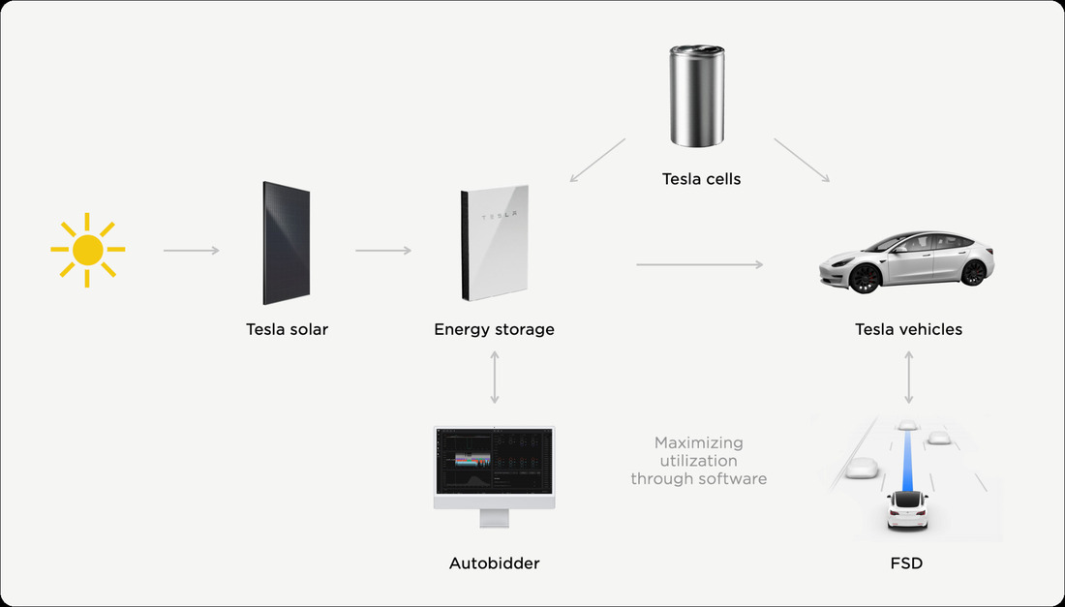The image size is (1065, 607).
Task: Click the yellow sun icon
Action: point(87,251)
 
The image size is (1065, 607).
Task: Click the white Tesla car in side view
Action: point(907,260)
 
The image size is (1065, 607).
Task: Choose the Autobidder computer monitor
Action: point(494,469)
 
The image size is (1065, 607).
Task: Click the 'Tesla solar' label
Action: point(287,329)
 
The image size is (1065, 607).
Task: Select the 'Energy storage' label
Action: point(494,329)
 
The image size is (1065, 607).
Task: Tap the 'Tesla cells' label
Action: point(701,178)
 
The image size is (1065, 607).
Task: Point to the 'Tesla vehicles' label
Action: point(908,329)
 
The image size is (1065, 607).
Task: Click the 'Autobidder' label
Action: point(494,562)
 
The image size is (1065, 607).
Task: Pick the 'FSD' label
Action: point(907,562)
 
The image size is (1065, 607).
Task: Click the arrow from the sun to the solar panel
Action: point(191,251)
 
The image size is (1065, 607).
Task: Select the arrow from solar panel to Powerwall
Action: point(383,251)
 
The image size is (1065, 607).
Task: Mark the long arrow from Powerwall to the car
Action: point(699,263)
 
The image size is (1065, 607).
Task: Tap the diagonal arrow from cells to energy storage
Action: point(597,160)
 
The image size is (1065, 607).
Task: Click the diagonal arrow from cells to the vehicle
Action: point(802,160)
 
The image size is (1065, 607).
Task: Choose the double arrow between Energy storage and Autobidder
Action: point(495,378)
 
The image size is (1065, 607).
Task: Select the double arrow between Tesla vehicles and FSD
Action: point(908,378)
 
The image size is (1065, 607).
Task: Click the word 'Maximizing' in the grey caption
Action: point(698,442)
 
